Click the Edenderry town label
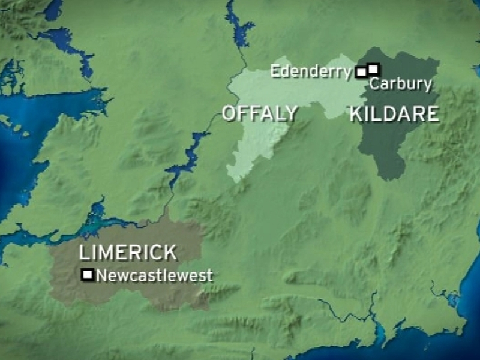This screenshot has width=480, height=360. pyautogui.click(x=310, y=71)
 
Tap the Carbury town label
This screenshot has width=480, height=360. pyautogui.click(x=400, y=84)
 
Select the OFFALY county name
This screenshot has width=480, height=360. pyautogui.click(x=259, y=113)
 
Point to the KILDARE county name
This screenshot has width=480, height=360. pyautogui.click(x=394, y=114)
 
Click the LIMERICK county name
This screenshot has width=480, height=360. pyautogui.click(x=128, y=253)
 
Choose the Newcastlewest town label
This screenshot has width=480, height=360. pyautogui.click(x=154, y=276)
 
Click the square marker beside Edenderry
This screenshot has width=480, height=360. pyautogui.click(x=361, y=73)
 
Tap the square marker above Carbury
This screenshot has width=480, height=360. pyautogui.click(x=373, y=68)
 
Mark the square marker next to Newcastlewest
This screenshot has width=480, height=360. pyautogui.click(x=88, y=275)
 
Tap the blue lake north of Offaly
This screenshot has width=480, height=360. pyautogui.click(x=240, y=30)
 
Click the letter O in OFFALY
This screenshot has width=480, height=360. pyautogui.click(x=229, y=113)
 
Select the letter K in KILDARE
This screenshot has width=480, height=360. pyautogui.click(x=356, y=114)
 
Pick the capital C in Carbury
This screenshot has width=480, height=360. pyautogui.click(x=374, y=84)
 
